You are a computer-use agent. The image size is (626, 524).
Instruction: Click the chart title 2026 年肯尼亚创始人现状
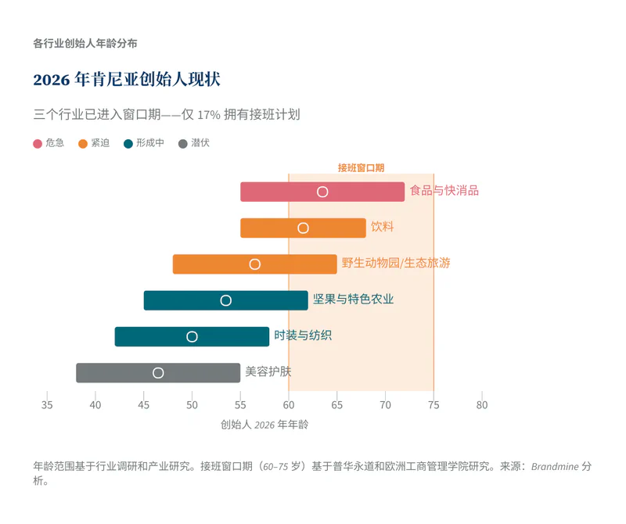(x=127, y=80)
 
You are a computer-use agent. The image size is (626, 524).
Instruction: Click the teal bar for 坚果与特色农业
(x=266, y=300)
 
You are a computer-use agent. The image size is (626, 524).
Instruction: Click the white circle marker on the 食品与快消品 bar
(x=322, y=192)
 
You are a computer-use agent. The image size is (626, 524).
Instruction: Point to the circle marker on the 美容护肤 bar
(x=158, y=373)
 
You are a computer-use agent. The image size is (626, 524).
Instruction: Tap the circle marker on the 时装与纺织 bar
(x=192, y=336)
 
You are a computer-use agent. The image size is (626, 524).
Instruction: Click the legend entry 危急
(x=49, y=143)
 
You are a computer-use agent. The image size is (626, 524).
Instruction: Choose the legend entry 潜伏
(x=194, y=143)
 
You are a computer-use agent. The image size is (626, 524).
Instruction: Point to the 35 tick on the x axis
(x=47, y=405)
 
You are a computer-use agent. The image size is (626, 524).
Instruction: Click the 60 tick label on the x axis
(x=289, y=405)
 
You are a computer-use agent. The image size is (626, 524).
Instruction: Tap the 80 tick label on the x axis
(x=482, y=405)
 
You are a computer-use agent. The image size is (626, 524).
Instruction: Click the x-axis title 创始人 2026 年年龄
(x=264, y=425)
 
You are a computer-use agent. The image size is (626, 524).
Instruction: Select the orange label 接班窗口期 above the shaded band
(x=361, y=167)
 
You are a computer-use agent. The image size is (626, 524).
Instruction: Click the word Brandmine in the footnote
(x=555, y=466)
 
